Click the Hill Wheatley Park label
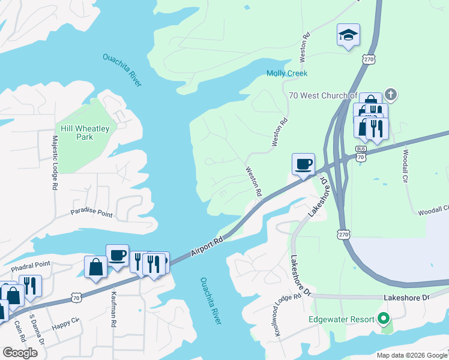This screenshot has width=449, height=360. coord(76,132)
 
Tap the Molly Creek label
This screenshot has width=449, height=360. coord(287,73)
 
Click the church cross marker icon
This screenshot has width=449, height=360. coord(390,94)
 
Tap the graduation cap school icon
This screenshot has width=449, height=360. coord(348,35)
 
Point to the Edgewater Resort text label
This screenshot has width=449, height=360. coord(341,319)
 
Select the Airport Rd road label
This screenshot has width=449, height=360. coord(207,247)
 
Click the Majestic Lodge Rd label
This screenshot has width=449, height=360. coord(54,163)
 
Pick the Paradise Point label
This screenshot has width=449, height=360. coord(91,213)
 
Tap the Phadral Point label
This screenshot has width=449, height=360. coord(30,264)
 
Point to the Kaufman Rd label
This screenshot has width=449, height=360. coord(113,309)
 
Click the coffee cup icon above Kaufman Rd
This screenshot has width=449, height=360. coord(117,255)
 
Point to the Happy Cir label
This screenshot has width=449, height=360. coord(65,325)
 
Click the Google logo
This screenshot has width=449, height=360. coord(20,353)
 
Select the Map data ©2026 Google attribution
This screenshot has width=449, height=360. coord(411,355)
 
